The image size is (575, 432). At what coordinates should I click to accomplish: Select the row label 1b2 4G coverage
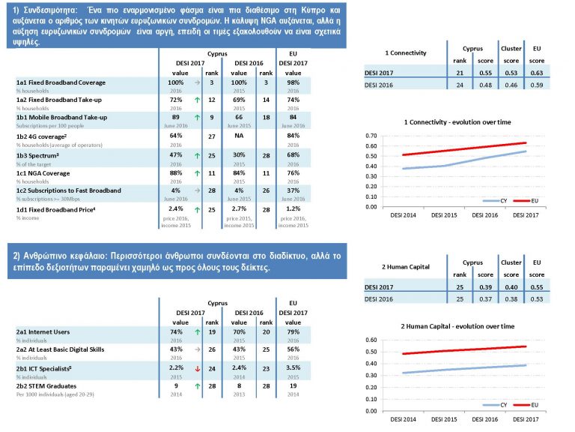[46, 136]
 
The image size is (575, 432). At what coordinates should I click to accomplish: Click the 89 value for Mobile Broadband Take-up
[175, 117]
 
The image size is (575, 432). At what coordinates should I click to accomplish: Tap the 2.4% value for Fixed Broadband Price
[175, 208]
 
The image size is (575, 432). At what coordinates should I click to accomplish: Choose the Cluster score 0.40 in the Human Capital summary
[511, 287]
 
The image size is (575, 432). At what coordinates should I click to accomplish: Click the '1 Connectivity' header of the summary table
[406, 53]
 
